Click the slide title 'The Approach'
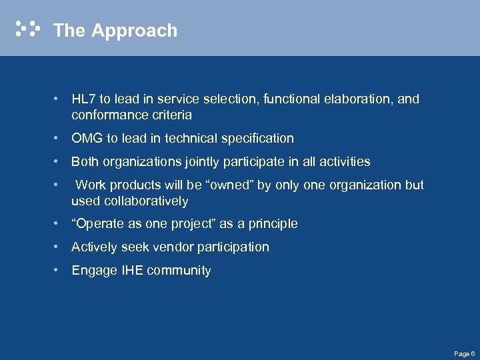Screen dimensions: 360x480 point(115,31)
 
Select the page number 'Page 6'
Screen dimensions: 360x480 point(464,353)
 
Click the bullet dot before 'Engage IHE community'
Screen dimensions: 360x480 point(59,270)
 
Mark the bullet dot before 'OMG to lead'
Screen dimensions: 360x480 point(59,138)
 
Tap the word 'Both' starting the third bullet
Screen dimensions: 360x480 point(85,162)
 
